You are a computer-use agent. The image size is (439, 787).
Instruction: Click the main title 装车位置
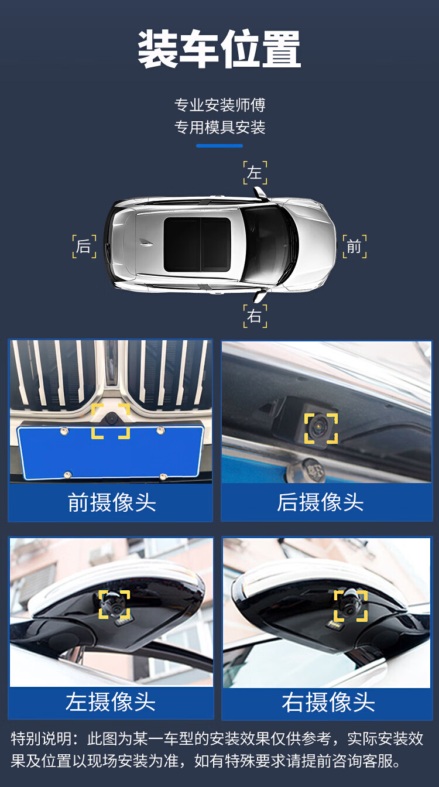click(219, 49)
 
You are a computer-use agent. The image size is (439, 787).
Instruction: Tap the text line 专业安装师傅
click(220, 105)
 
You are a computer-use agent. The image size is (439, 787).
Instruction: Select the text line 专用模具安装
click(220, 127)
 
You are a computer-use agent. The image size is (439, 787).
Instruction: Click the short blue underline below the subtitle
click(220, 146)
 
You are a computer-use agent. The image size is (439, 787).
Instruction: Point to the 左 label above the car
click(255, 173)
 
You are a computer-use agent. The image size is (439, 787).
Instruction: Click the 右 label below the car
click(255, 316)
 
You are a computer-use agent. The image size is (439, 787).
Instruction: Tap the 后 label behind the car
click(84, 247)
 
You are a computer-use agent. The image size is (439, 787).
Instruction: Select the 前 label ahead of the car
click(354, 247)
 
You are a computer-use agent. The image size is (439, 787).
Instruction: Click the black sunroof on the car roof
click(197, 245)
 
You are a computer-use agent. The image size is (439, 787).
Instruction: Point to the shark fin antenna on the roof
click(146, 242)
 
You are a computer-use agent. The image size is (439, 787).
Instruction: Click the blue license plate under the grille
click(111, 452)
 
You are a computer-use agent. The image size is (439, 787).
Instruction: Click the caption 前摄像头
click(112, 502)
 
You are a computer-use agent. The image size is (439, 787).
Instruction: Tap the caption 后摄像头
click(320, 502)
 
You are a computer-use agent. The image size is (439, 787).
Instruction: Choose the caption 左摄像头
click(110, 702)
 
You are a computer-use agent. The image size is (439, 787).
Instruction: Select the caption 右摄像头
click(328, 702)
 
